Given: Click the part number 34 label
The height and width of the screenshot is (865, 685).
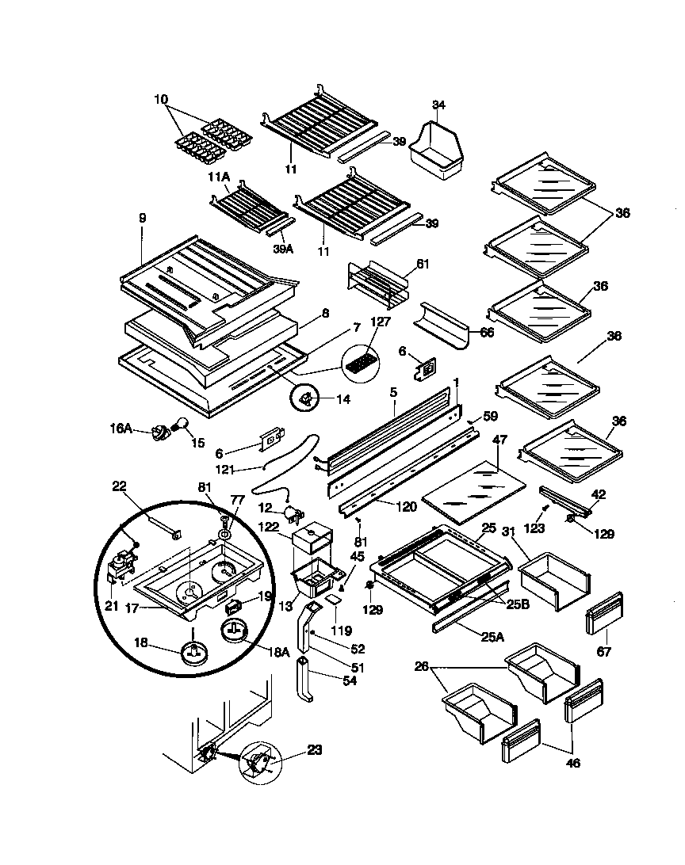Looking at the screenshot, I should (x=438, y=105).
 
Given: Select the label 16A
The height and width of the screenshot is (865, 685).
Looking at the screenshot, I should (x=121, y=429).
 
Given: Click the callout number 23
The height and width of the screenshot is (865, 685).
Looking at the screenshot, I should (x=315, y=749).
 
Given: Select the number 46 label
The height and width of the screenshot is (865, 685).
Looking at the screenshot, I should (x=572, y=764).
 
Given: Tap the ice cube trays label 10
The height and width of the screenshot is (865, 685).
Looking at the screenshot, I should (x=161, y=100).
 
